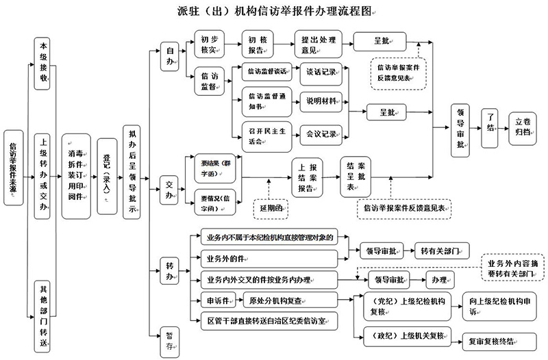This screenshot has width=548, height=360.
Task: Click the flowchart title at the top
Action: click(274, 12)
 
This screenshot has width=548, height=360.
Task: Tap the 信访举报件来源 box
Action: click(13, 168)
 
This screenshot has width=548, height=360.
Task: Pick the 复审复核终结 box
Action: click(490, 339)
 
